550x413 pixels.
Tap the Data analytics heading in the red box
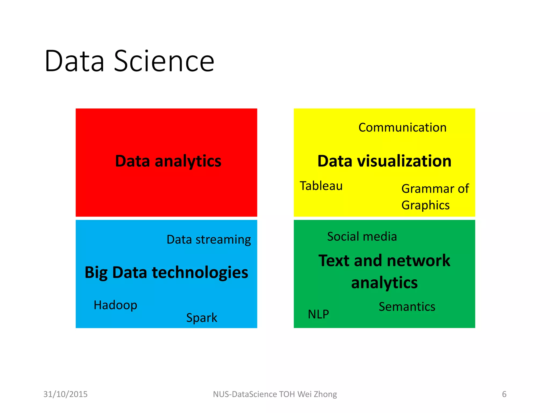168,161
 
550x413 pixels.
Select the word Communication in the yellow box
402,127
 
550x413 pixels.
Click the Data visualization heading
384,161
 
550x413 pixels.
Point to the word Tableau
321,186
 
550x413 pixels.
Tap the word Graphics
425,205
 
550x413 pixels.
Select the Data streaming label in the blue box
209,240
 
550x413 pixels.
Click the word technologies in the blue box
200,272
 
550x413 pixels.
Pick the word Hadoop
115,305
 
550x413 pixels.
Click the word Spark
202,318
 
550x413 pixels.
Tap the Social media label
362,237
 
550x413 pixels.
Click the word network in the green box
419,261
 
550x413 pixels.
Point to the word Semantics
407,307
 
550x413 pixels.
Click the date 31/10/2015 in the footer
66,394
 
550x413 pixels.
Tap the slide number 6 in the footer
504,394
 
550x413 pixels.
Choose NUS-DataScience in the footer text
245,394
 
